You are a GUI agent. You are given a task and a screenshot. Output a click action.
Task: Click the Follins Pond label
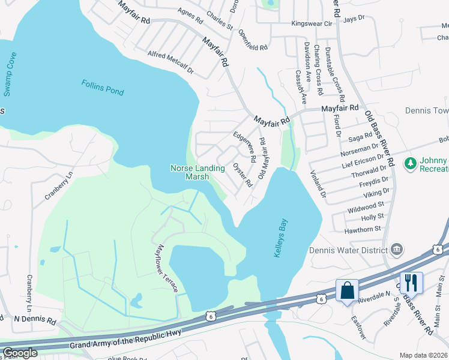pos(103,87)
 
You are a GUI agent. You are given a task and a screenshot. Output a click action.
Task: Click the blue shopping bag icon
pos(347,291)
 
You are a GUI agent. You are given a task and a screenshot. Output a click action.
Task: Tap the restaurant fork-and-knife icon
pos(411,281)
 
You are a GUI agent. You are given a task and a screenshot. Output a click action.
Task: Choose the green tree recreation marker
pos(411,163)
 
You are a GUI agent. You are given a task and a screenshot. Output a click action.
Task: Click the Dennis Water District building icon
pos(396,249)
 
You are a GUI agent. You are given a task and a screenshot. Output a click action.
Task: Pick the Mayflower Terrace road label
pos(165,268)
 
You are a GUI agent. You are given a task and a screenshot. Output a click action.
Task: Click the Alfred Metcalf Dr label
pos(171,62)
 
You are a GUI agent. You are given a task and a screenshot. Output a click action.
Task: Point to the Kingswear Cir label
pos(312,24)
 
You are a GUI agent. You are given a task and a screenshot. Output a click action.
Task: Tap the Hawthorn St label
pos(363,229)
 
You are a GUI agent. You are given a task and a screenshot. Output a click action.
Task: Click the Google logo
pos(20,353)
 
